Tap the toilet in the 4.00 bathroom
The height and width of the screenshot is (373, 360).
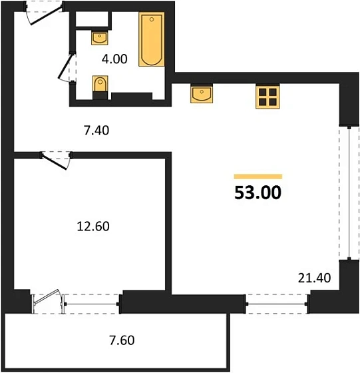click(x=99, y=87)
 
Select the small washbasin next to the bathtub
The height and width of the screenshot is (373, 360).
click(x=99, y=37)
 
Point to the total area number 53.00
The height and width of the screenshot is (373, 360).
click(x=258, y=193)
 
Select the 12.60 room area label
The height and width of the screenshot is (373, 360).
click(x=93, y=226)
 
